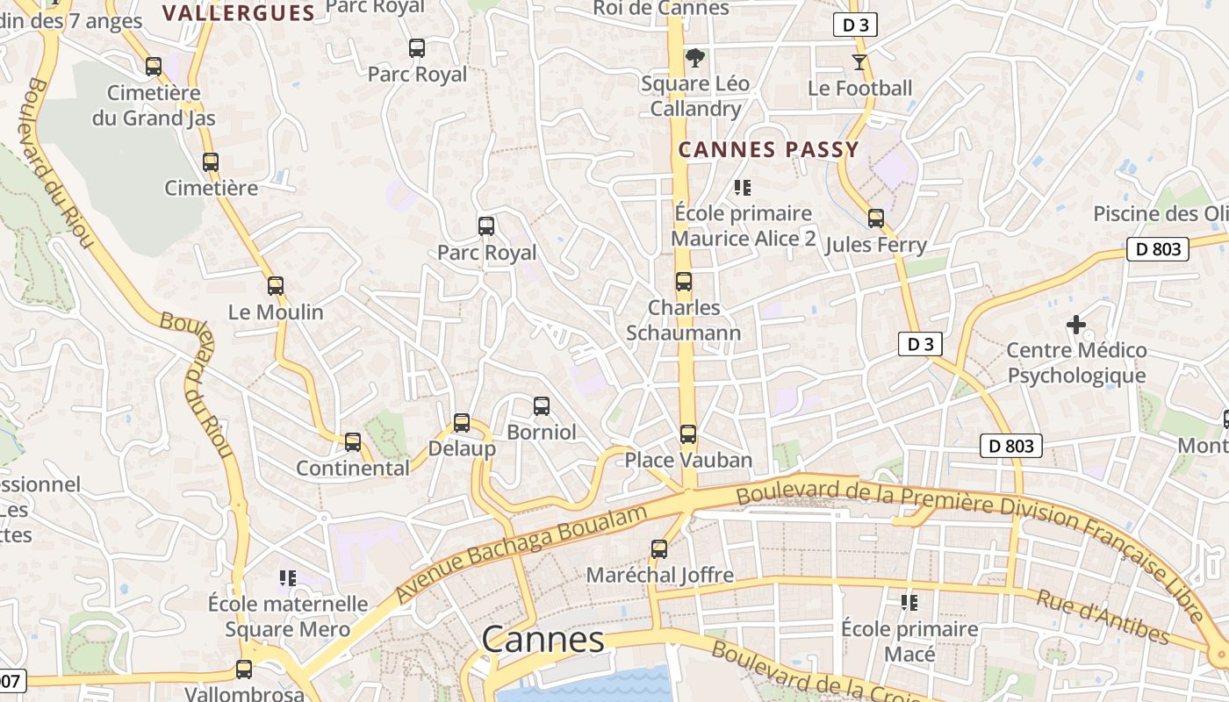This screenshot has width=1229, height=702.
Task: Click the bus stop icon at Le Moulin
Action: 276,286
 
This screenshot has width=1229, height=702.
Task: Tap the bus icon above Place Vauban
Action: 688,434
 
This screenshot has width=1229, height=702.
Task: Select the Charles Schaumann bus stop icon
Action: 684,282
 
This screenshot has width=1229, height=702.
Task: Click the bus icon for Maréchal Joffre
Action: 659,549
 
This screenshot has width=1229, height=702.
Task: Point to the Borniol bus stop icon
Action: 542,406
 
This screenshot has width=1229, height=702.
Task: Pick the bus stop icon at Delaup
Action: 462,423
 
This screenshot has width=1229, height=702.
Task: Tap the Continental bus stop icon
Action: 353,442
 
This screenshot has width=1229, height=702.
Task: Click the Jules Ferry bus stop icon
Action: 876,218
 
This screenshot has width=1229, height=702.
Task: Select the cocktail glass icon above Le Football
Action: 859,62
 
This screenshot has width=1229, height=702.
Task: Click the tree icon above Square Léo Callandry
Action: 695,59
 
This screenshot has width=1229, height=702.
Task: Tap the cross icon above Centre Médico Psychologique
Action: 1076,325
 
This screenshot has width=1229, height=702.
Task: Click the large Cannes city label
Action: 543,640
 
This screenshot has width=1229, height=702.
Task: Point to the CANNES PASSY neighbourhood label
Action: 768,150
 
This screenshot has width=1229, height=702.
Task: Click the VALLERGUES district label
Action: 239,12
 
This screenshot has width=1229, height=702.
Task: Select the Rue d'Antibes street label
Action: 1103,617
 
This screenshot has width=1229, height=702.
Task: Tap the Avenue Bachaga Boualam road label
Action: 521,554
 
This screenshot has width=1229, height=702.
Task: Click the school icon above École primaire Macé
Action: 909,603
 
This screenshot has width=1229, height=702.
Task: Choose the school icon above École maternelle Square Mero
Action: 288,577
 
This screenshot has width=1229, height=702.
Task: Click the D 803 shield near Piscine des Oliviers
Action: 1157,249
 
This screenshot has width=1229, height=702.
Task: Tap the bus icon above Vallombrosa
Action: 244,670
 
